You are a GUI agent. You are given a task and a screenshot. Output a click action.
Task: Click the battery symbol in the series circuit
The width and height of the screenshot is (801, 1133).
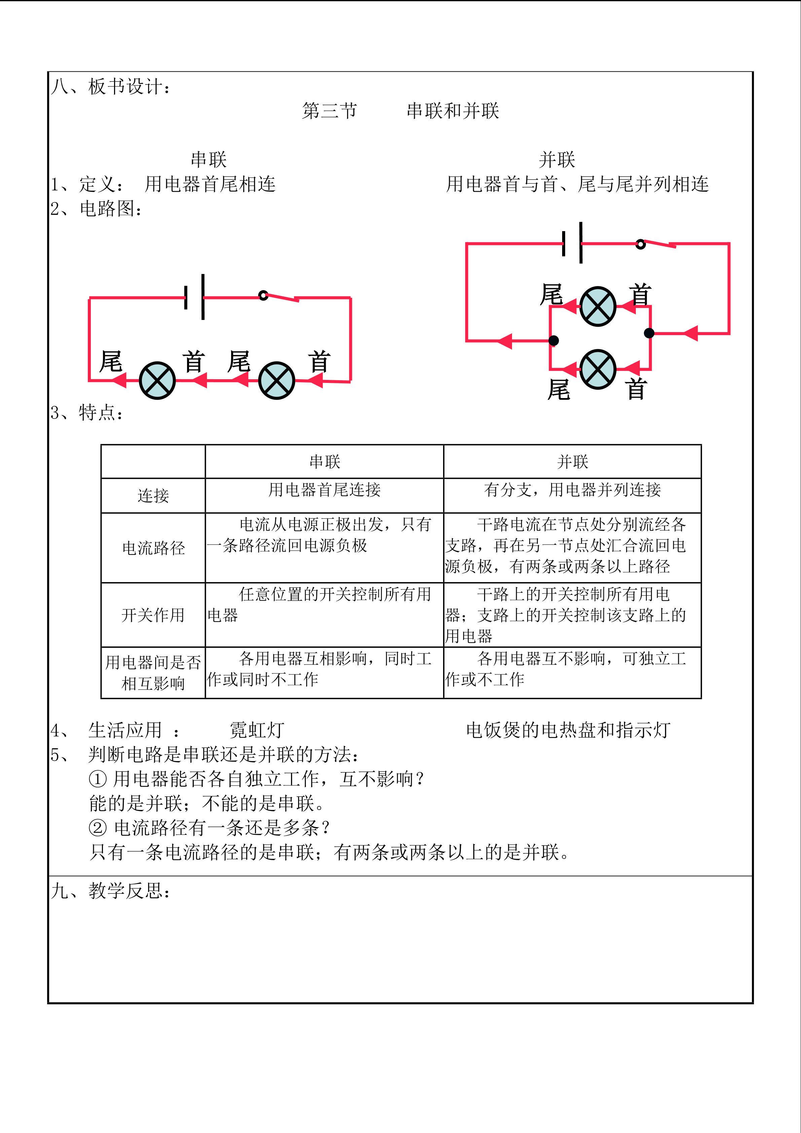194,297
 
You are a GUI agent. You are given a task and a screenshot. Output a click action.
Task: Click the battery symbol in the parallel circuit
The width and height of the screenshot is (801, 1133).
572,243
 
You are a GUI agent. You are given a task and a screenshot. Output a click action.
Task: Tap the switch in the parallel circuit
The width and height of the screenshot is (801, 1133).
657,243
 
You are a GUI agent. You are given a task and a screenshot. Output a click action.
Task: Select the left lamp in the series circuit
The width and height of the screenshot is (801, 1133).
157,381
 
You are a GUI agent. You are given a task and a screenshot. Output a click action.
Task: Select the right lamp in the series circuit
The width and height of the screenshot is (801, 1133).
277,381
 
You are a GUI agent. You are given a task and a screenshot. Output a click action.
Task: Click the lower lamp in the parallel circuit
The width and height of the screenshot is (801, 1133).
598,369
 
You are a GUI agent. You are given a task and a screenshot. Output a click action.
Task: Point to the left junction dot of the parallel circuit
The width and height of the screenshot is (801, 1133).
554,340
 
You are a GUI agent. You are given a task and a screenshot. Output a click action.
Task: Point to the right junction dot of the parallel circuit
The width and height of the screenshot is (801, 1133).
649,333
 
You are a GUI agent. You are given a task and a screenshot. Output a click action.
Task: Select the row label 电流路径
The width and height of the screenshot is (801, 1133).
153,548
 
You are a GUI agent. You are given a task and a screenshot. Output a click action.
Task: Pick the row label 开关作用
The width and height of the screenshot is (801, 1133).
153,615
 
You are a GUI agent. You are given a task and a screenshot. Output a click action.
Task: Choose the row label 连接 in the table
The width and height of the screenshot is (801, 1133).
153,495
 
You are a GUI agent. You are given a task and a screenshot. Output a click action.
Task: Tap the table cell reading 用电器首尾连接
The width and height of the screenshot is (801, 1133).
325,490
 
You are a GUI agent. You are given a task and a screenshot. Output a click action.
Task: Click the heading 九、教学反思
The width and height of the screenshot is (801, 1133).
111,891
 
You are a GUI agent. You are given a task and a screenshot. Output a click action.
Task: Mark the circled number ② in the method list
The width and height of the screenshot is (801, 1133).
97,827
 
